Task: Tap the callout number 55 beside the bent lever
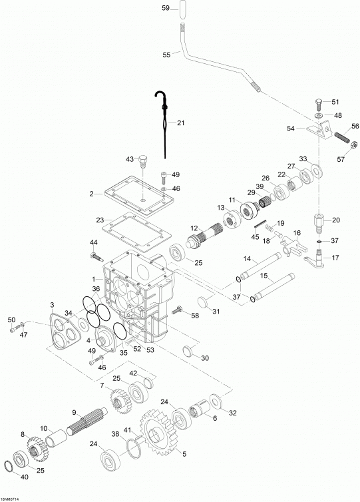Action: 166,55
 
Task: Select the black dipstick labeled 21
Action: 164,125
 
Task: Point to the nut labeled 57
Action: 354,144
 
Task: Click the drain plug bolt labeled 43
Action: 143,162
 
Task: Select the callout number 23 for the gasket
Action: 100,220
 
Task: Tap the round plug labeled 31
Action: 204,302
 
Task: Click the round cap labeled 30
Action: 189,350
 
